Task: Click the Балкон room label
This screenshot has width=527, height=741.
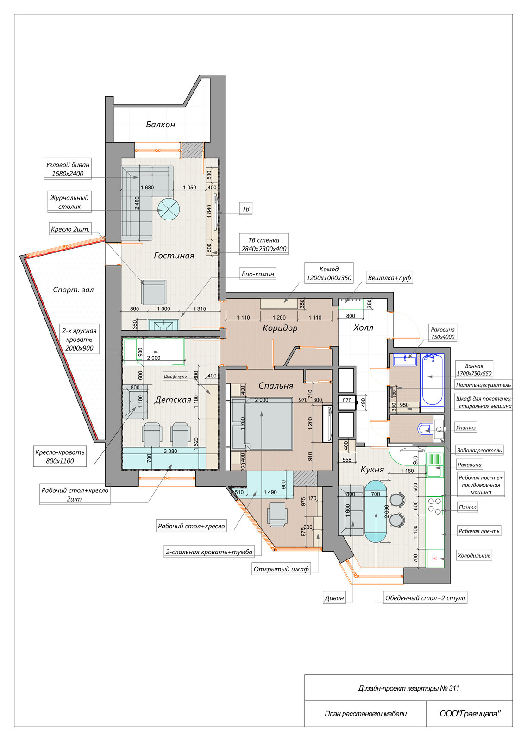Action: [160, 125]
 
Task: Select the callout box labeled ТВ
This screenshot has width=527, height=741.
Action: [246, 209]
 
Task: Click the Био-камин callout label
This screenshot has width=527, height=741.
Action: [257, 274]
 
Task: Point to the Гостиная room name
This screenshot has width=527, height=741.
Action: [174, 255]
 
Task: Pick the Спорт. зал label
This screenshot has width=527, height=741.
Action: [73, 290]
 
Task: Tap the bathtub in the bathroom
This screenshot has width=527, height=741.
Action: [432, 380]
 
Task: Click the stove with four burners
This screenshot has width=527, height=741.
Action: [434, 506]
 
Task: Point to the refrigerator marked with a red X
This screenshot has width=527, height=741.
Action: [435, 559]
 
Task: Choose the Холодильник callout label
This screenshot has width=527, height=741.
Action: [474, 556]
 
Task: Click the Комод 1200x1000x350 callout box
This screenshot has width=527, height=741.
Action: [329, 274]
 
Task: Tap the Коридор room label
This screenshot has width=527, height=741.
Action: [280, 328]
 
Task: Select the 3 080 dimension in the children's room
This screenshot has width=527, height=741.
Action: [170, 451]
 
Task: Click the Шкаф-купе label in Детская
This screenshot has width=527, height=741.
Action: [175, 376]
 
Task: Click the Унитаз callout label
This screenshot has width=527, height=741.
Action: [466, 427]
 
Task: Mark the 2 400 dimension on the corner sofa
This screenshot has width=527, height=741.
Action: [137, 203]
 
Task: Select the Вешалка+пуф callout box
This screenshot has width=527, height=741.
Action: [389, 278]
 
